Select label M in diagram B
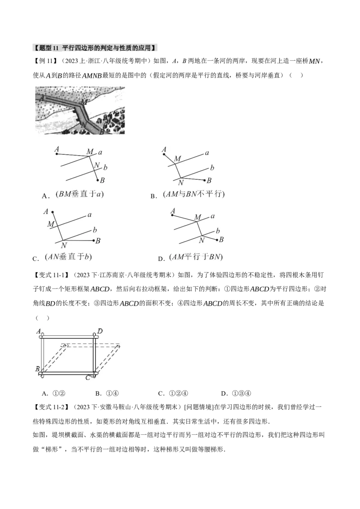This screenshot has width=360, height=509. pos(177,159)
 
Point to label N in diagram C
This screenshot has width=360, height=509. pos(64,246)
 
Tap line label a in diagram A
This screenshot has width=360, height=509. pos(100,152)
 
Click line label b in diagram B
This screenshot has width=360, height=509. pos(212,168)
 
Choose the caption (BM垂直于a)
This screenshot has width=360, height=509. pos(79,194)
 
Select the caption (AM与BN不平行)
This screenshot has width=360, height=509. pos(194,194)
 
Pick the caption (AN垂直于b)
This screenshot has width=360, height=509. pos(68,257)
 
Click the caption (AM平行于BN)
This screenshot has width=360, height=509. pos(196,257)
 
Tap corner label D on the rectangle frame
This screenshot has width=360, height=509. pos(100,331)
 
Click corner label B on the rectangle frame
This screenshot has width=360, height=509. pos(37,369)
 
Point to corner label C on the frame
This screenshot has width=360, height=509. pos(88,378)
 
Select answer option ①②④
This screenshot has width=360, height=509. pos(178,393)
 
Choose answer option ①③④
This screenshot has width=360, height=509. pos(242,393)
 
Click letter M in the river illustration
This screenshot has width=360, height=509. pos(84,102)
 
